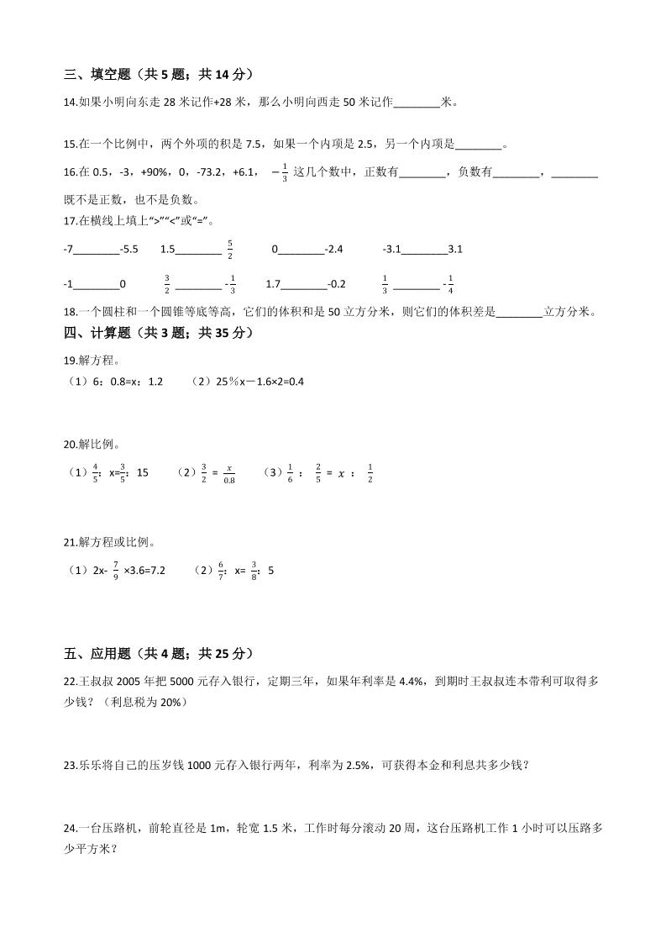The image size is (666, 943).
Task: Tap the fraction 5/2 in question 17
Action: [230, 250]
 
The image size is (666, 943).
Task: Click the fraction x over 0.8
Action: [229, 473]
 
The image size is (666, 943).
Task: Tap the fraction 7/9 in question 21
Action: [115, 571]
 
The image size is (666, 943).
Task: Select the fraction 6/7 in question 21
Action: [221, 571]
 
